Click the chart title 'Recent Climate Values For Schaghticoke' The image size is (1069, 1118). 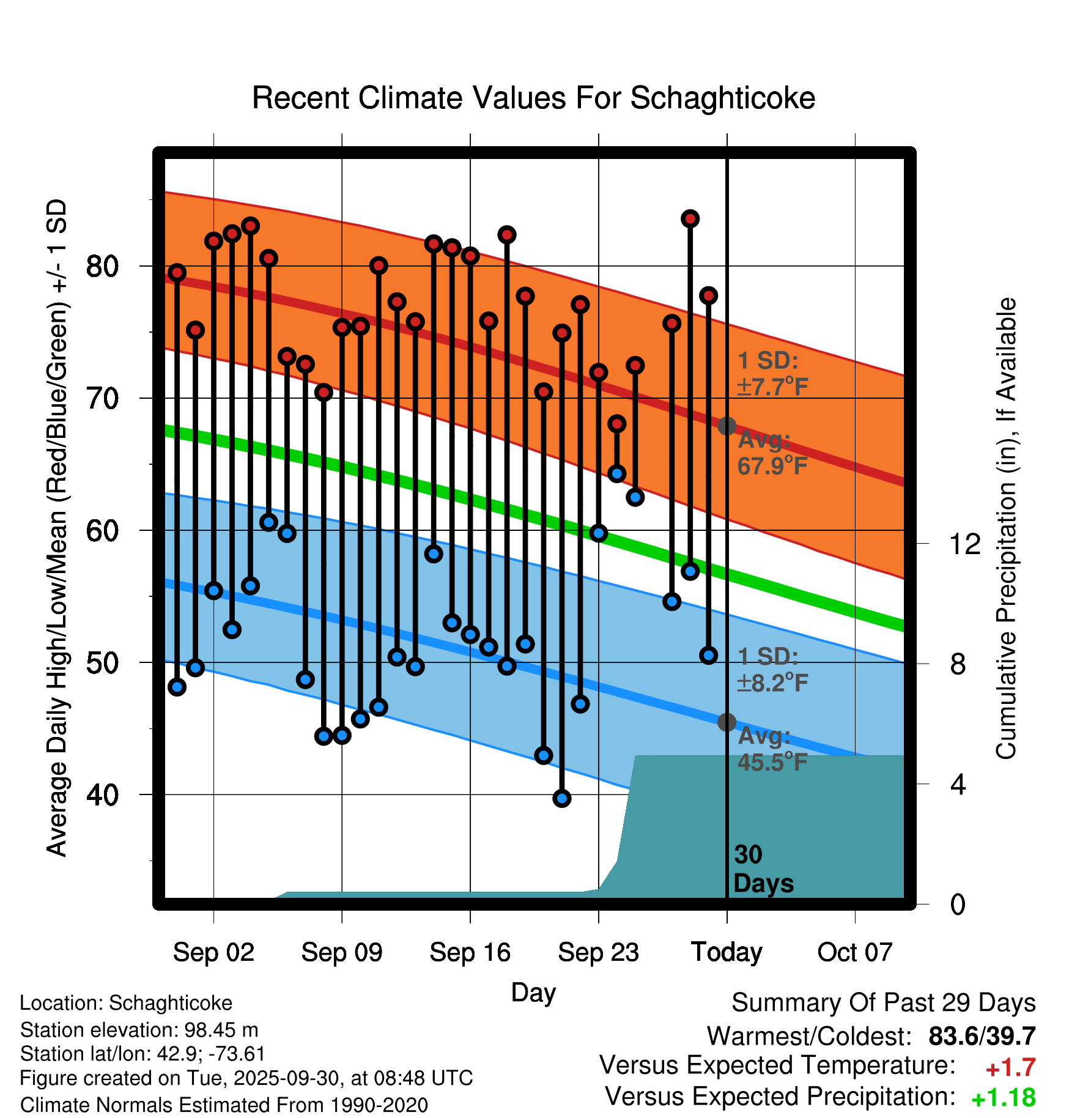[x=533, y=98]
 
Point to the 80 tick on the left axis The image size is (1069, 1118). [x=103, y=267]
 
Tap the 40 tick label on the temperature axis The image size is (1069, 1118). [x=103, y=795]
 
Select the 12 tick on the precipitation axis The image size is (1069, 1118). [x=965, y=544]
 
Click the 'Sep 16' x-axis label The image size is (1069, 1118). [x=470, y=952]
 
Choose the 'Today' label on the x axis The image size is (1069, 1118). [x=727, y=952]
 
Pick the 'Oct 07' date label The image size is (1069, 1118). [x=854, y=952]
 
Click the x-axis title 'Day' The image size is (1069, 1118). [x=533, y=993]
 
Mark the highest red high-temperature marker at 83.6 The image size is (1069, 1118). [x=690, y=219]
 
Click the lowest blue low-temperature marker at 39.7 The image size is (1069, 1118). [x=561, y=798]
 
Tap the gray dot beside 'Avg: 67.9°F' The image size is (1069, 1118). [x=727, y=426]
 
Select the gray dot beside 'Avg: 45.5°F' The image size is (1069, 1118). [x=727, y=722]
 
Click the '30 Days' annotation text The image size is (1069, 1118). [x=763, y=869]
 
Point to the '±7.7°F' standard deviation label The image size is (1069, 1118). [x=772, y=387]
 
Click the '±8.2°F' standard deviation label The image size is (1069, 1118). [x=772, y=683]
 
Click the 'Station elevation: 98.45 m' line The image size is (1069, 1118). [x=139, y=1031]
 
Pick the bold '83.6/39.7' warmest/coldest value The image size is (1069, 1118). [x=982, y=1036]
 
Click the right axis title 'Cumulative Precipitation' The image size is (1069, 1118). [x=1005, y=528]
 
